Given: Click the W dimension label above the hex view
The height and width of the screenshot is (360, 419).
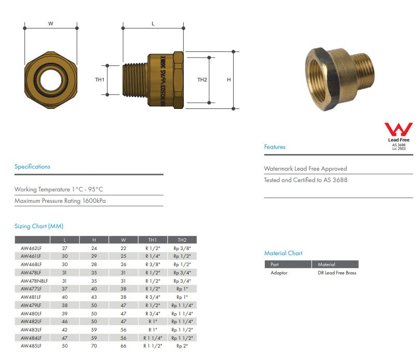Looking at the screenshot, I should tap(50, 24).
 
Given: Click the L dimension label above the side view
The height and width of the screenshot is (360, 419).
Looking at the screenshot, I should tap(153, 24).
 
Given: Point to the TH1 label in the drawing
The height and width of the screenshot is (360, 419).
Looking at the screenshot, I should tap(100, 80).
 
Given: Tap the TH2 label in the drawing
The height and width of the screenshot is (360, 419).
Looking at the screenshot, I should tap(202, 80).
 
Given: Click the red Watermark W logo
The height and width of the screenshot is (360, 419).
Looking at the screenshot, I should tap(398, 130).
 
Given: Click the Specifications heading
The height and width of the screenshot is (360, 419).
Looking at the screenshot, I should tap(32, 167).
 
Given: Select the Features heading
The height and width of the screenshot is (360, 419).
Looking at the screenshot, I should tap(275, 147).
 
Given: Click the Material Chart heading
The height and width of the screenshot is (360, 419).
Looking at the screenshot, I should tap(283, 253).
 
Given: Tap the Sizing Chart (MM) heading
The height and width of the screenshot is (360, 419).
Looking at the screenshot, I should tap(39, 226).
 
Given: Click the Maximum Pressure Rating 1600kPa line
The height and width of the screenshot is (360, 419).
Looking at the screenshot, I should tap(60, 201).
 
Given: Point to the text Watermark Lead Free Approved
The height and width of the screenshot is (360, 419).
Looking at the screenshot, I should tap(305, 169).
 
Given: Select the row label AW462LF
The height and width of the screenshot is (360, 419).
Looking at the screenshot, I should tap(31, 248).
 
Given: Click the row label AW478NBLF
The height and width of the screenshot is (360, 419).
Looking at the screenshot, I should tap(31, 281).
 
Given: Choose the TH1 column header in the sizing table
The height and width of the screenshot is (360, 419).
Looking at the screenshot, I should tap(153, 240).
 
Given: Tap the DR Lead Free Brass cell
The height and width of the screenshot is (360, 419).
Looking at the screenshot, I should tap(337, 273).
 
